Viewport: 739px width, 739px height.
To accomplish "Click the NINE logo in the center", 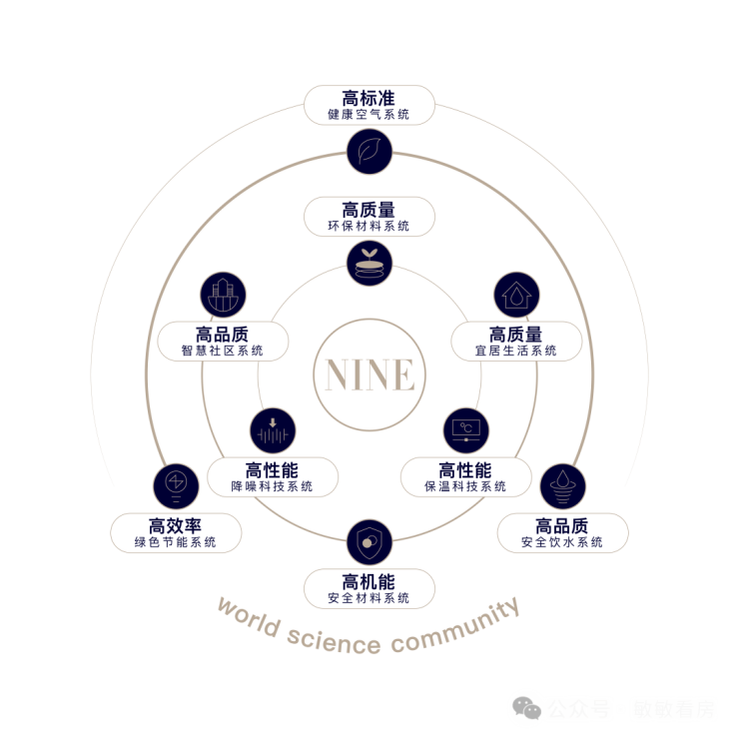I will pos(369,374).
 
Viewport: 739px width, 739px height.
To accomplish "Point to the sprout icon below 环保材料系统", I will pos(369,263).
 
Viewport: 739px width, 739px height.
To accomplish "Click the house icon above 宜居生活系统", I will pos(516,296).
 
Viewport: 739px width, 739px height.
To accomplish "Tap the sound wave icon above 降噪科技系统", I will pos(273,430).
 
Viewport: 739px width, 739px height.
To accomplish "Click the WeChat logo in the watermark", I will pos(527,709).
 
